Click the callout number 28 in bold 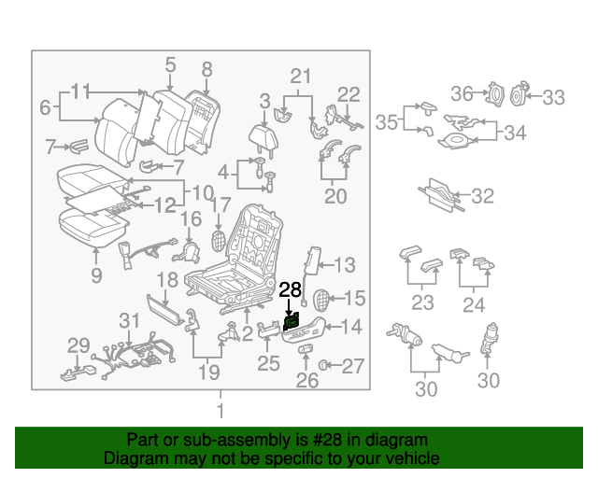(x=291, y=289)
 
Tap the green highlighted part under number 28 (x=291, y=322)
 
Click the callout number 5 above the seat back (x=170, y=64)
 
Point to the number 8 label (x=207, y=68)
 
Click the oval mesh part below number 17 (x=219, y=237)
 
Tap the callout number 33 (x=554, y=96)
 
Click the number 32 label (x=482, y=196)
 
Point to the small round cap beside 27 (x=324, y=365)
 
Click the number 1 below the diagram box (x=221, y=411)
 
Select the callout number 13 (x=345, y=264)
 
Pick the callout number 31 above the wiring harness (x=129, y=322)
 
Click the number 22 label (x=348, y=93)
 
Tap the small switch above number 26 (x=306, y=349)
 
